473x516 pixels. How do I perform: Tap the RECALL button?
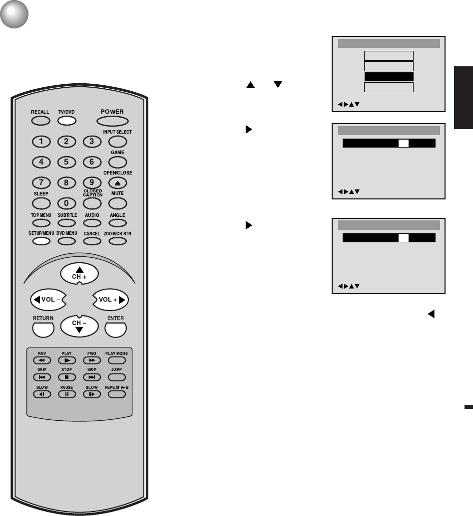pyautogui.click(x=40, y=121)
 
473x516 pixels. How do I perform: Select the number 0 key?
pyautogui.click(x=66, y=203)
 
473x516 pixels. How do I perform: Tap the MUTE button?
pyautogui.click(x=117, y=203)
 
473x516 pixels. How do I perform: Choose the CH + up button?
pyautogui.click(x=79, y=272)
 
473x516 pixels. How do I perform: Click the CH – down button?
pyautogui.click(x=79, y=326)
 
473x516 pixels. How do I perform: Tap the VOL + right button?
pyautogui.click(x=110, y=300)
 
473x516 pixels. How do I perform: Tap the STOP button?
pyautogui.click(x=66, y=377)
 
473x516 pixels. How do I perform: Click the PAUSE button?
pyautogui.click(x=66, y=394)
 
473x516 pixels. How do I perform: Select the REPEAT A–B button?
pyautogui.click(x=116, y=394)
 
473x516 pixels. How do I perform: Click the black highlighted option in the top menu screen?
pyautogui.click(x=389, y=77)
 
